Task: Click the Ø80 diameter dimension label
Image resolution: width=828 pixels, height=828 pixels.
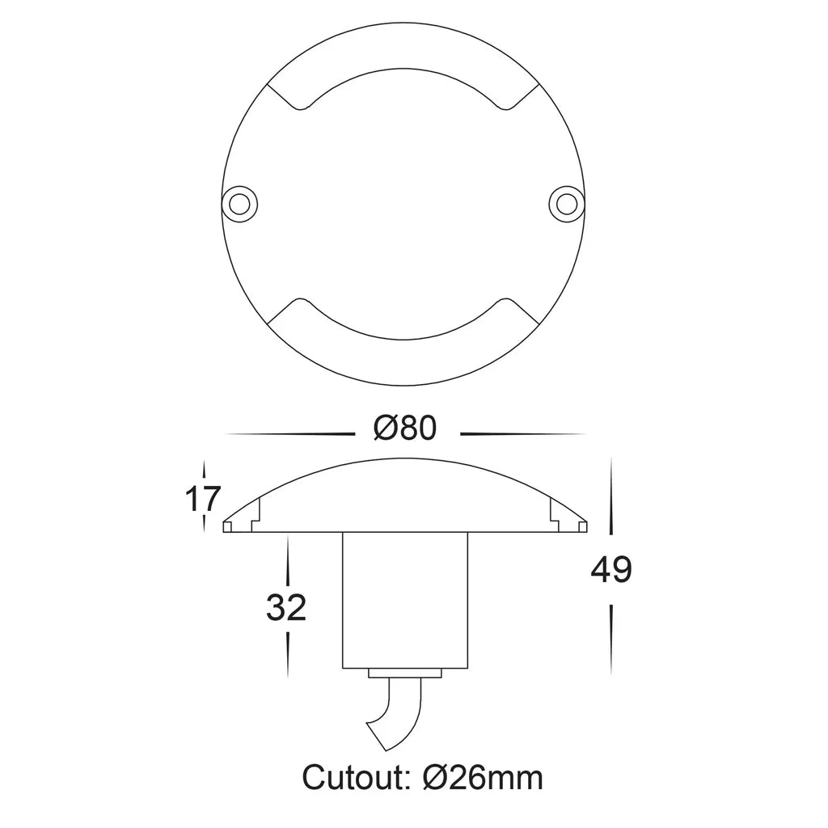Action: [x=405, y=429]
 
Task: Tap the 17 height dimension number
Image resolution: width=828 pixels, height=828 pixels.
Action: [x=202, y=498]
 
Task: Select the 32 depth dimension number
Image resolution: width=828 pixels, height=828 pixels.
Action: [x=286, y=607]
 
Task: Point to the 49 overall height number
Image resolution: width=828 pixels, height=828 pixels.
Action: [x=611, y=570]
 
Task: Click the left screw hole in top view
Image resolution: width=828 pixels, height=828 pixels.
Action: [x=239, y=203]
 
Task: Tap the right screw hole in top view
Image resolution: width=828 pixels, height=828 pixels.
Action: [x=567, y=203]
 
